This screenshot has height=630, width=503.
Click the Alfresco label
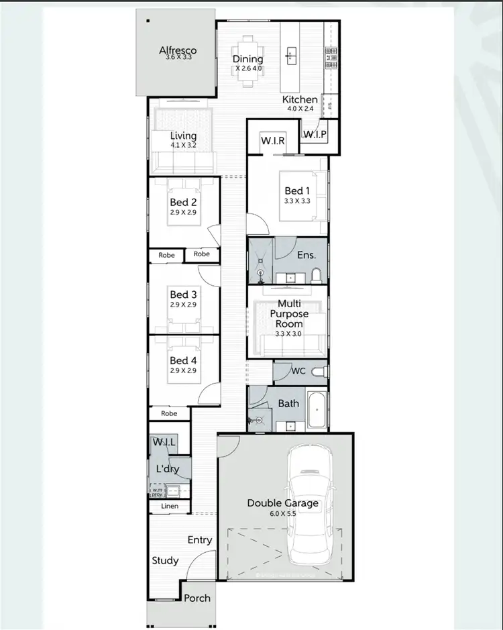176,50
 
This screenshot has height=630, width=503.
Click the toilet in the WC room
318,371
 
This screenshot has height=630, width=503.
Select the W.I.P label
315,135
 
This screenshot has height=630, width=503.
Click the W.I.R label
273,142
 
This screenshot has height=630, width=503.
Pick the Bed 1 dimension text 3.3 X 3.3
293,201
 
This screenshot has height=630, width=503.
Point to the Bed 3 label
183,295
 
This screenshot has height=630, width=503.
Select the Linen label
170,506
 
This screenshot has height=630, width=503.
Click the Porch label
197,598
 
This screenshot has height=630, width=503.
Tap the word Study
165,560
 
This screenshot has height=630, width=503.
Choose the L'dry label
168,469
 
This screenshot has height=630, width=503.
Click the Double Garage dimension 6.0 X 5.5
282,513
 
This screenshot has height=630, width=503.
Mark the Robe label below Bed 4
169,414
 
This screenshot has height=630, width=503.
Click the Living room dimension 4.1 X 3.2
183,144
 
